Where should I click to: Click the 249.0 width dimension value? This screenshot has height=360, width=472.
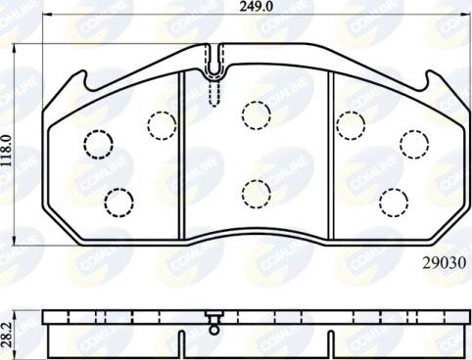(258, 9)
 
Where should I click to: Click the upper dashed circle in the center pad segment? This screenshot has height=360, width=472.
(256, 117)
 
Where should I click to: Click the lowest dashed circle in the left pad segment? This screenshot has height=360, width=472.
(118, 202)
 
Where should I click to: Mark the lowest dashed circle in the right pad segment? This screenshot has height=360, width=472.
(393, 202)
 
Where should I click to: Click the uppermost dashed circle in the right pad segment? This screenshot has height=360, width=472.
(350, 123)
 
